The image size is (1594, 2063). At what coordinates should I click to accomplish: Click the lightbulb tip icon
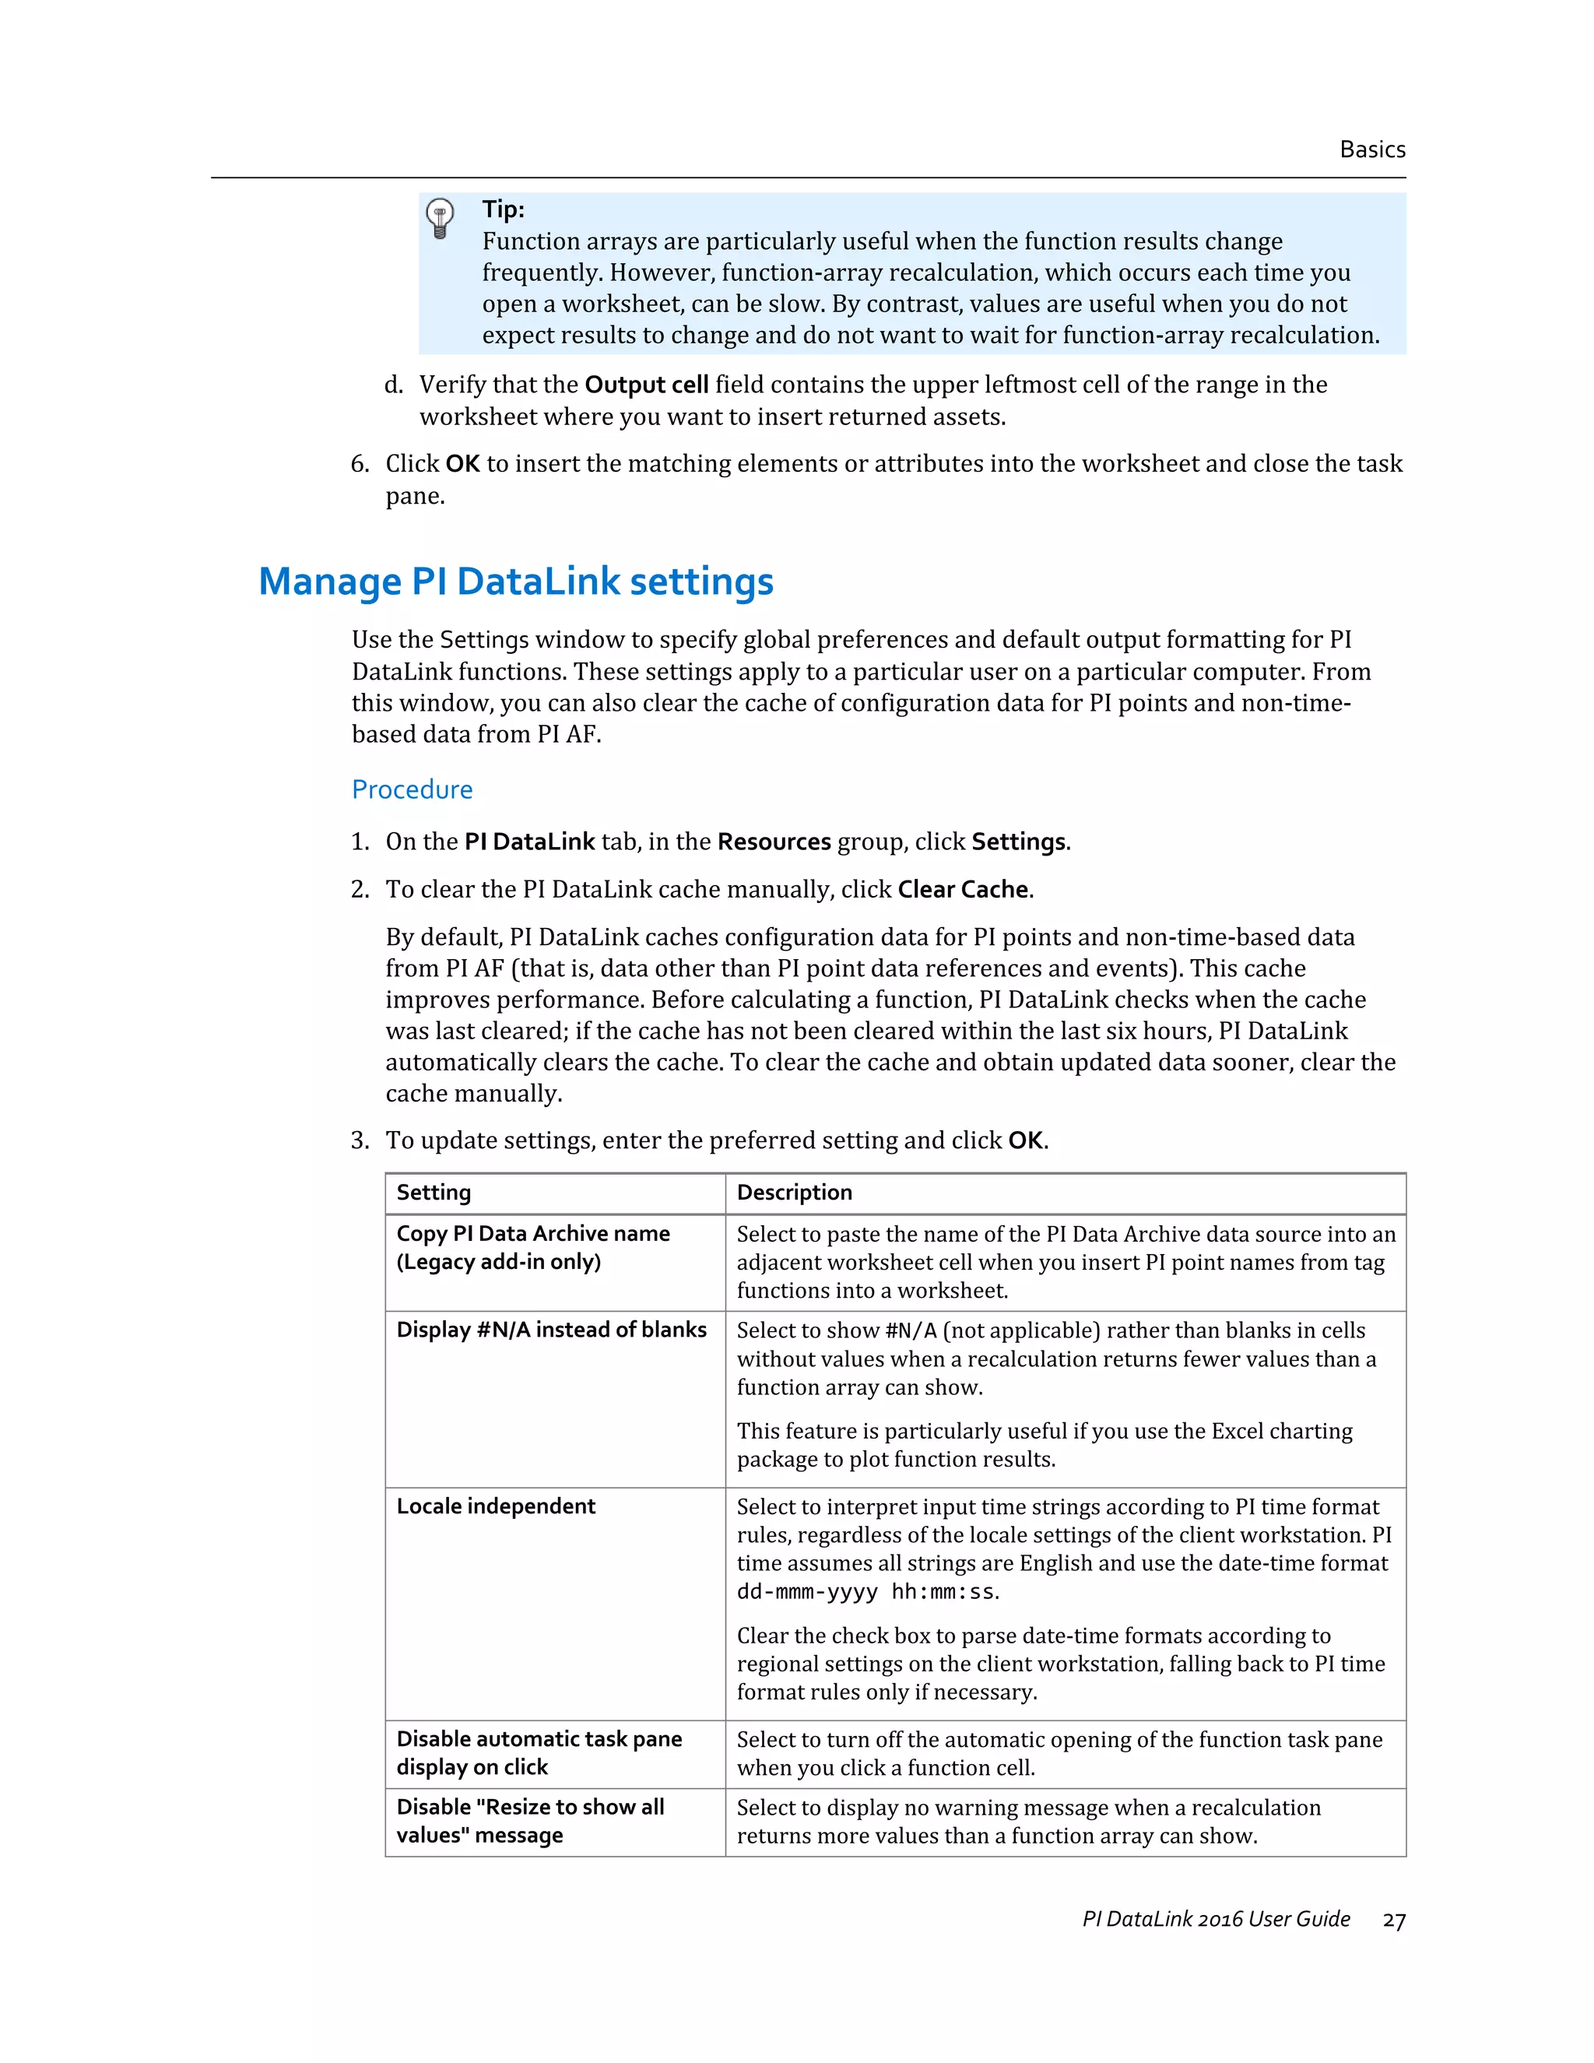click(439, 218)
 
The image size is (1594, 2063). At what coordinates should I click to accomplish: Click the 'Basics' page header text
click(1372, 149)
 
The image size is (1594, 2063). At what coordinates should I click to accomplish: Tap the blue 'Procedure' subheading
click(412, 789)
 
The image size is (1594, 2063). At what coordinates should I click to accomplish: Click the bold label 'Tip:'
click(504, 209)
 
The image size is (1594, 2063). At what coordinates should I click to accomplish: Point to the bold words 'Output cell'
click(646, 385)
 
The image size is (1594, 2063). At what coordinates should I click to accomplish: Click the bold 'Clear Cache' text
click(962, 889)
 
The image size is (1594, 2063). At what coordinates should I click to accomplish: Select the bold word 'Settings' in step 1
click(1018, 842)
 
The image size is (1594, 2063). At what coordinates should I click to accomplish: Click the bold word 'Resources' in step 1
click(774, 842)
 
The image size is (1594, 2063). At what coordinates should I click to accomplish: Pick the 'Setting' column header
click(434, 1192)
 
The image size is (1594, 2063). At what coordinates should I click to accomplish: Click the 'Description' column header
click(794, 1192)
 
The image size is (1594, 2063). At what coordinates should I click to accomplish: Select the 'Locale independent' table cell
click(496, 1506)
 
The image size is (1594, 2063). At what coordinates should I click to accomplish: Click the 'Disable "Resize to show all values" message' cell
click(530, 1820)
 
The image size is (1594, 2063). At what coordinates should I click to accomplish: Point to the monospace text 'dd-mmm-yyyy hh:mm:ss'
click(865, 1592)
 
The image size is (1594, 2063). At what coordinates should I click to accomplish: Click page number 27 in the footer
click(1394, 1921)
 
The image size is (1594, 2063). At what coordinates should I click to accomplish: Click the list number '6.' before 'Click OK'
click(360, 464)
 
